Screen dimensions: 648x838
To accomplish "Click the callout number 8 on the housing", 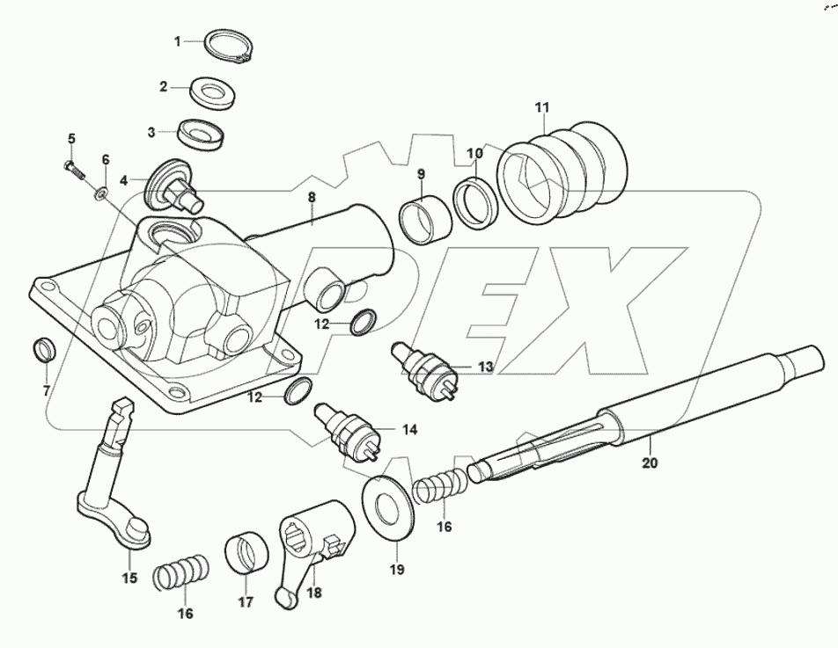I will (311, 199).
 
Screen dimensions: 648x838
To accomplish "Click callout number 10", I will (474, 154).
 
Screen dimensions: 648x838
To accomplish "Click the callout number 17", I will (245, 602).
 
